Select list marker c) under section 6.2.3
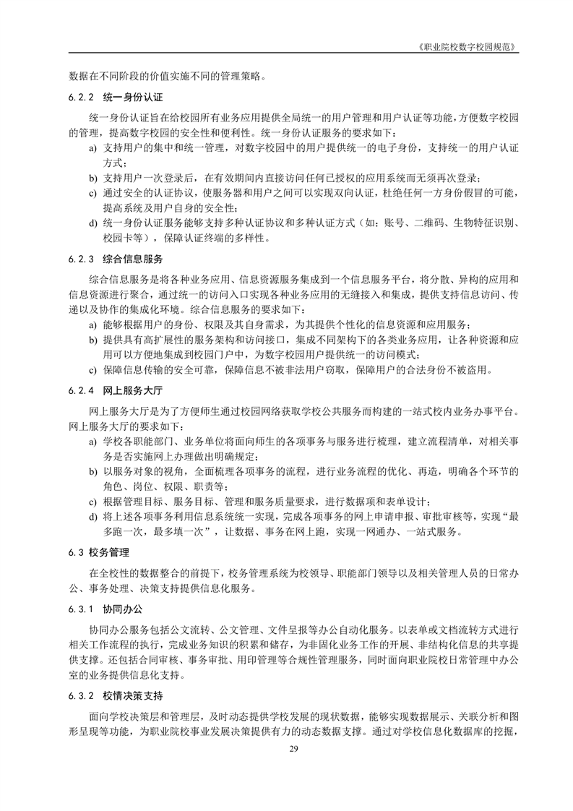(92, 371)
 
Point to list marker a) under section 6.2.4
(92, 441)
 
